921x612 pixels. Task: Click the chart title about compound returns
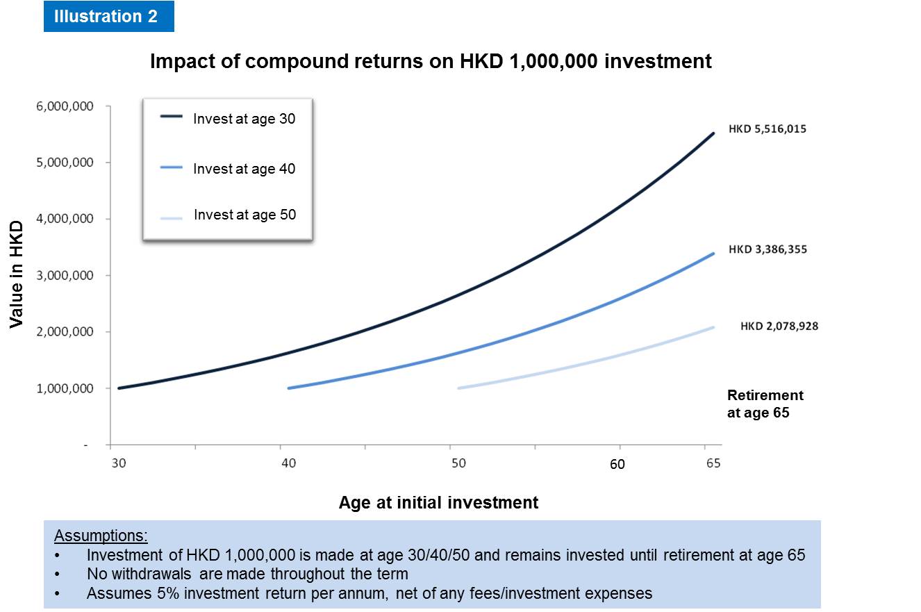pos(431,61)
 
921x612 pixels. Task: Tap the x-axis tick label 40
pos(288,464)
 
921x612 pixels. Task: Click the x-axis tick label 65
pos(713,464)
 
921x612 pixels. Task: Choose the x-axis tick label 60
pos(617,465)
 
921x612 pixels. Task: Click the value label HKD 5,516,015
pos(767,129)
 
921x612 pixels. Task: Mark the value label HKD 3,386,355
pos(767,249)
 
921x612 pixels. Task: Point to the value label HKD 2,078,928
pos(779,326)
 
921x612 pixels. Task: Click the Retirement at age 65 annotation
pos(765,404)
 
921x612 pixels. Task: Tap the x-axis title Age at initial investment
pos(438,502)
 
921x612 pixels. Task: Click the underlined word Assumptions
pos(101,536)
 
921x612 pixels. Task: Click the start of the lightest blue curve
pos(459,388)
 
